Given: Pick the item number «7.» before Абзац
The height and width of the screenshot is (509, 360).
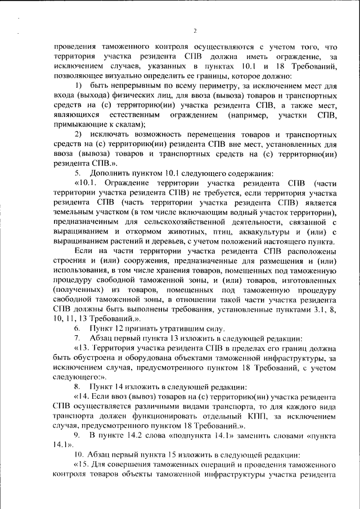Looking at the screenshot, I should point(78,338).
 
